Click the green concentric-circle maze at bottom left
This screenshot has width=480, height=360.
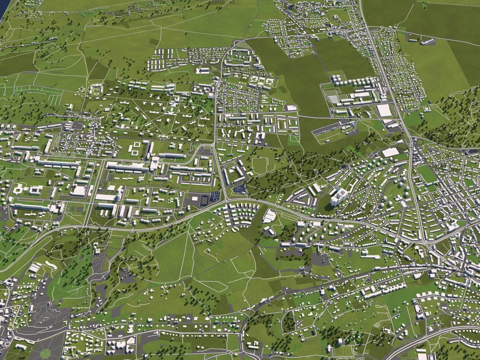point(45,353)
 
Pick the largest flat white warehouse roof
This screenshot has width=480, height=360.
point(384,111)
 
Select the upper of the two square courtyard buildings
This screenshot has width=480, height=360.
point(136,145)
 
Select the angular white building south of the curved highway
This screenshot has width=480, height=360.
point(269,216)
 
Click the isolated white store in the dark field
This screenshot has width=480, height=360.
point(291,108)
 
